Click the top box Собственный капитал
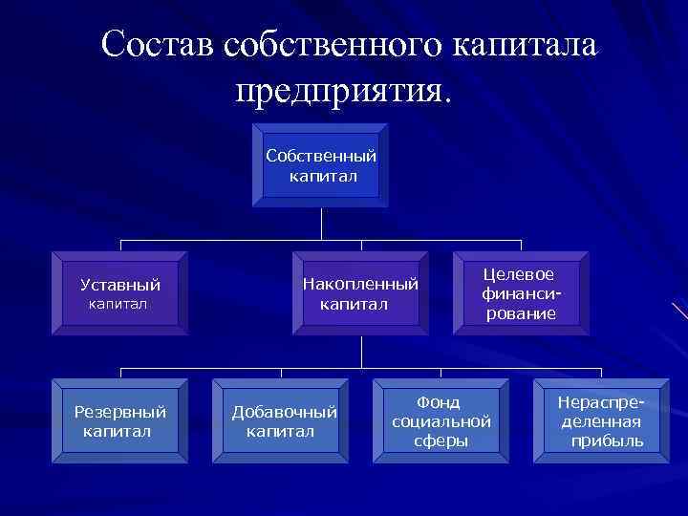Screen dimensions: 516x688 (321, 165)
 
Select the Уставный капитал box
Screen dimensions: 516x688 (119, 293)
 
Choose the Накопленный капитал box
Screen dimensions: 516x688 (360, 293)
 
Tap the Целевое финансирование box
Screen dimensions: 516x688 (521, 293)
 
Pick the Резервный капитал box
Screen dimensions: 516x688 (119, 421)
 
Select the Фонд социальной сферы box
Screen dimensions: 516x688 (441, 421)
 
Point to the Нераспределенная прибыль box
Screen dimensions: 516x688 (602, 421)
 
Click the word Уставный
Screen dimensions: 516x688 (120, 285)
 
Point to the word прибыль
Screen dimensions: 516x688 (607, 441)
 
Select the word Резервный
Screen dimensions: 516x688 (120, 412)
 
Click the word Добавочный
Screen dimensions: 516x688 (285, 412)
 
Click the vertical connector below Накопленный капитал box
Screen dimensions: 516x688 (361, 353)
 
